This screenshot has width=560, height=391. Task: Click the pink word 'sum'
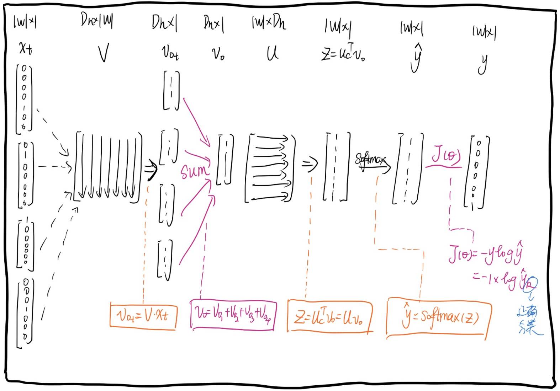tap(194, 171)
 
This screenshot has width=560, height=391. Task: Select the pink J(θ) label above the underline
tap(445, 155)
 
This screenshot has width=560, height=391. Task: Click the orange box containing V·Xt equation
tap(143, 315)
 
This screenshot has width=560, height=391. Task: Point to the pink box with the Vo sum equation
tap(233, 315)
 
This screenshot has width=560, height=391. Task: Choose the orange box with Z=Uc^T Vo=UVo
tap(329, 316)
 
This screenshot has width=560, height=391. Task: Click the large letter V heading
tap(103, 53)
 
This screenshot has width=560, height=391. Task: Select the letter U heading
tap(273, 53)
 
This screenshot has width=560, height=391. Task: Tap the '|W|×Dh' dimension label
tap(269, 23)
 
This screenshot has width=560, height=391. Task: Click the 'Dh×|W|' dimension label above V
tap(96, 20)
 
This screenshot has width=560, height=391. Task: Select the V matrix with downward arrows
tap(108, 166)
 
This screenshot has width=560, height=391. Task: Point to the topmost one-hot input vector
tap(24, 98)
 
